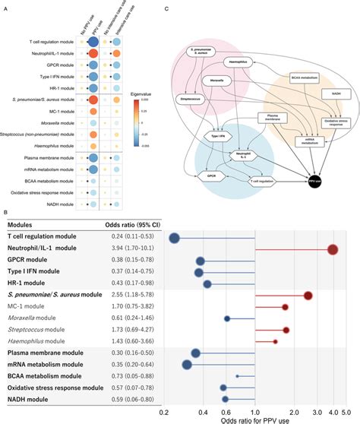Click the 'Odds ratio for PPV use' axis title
pyautogui.click(x=255, y=417)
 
